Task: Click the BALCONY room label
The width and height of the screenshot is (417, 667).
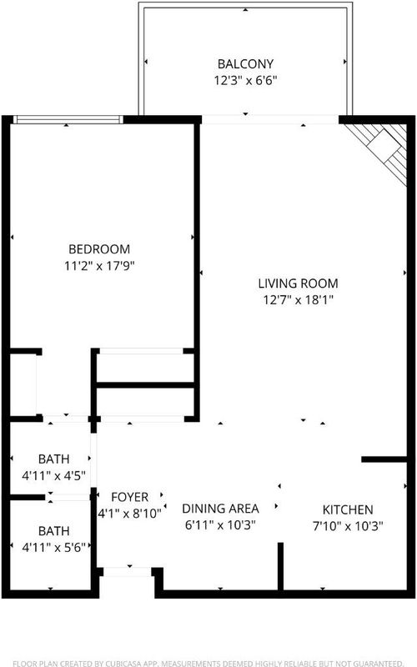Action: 245,64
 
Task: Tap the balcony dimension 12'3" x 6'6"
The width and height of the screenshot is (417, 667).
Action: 245,80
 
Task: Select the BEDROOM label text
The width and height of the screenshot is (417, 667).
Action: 99,248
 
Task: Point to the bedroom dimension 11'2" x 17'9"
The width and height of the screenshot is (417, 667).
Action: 99,266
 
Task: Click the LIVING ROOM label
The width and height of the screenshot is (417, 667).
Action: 298,283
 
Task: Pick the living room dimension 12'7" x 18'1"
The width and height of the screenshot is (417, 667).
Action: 298,300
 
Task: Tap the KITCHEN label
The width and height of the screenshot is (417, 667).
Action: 348,509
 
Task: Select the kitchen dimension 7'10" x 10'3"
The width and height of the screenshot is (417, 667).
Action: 348,526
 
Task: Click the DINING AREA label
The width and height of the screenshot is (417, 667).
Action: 220,509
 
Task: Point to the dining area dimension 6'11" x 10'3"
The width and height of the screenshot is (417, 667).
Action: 220,525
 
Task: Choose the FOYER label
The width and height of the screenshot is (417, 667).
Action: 130,497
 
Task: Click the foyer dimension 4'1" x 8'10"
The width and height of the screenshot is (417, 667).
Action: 130,514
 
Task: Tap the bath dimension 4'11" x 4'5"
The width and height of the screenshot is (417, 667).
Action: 53,475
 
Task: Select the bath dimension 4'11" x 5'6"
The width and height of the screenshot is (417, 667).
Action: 53,547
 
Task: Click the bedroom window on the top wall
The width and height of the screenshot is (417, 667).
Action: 68,119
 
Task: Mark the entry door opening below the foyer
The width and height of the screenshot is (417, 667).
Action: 128,572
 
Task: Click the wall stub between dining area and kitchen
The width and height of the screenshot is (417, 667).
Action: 280,567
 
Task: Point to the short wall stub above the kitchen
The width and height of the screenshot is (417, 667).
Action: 384,459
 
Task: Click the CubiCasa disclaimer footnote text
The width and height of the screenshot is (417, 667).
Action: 208,663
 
